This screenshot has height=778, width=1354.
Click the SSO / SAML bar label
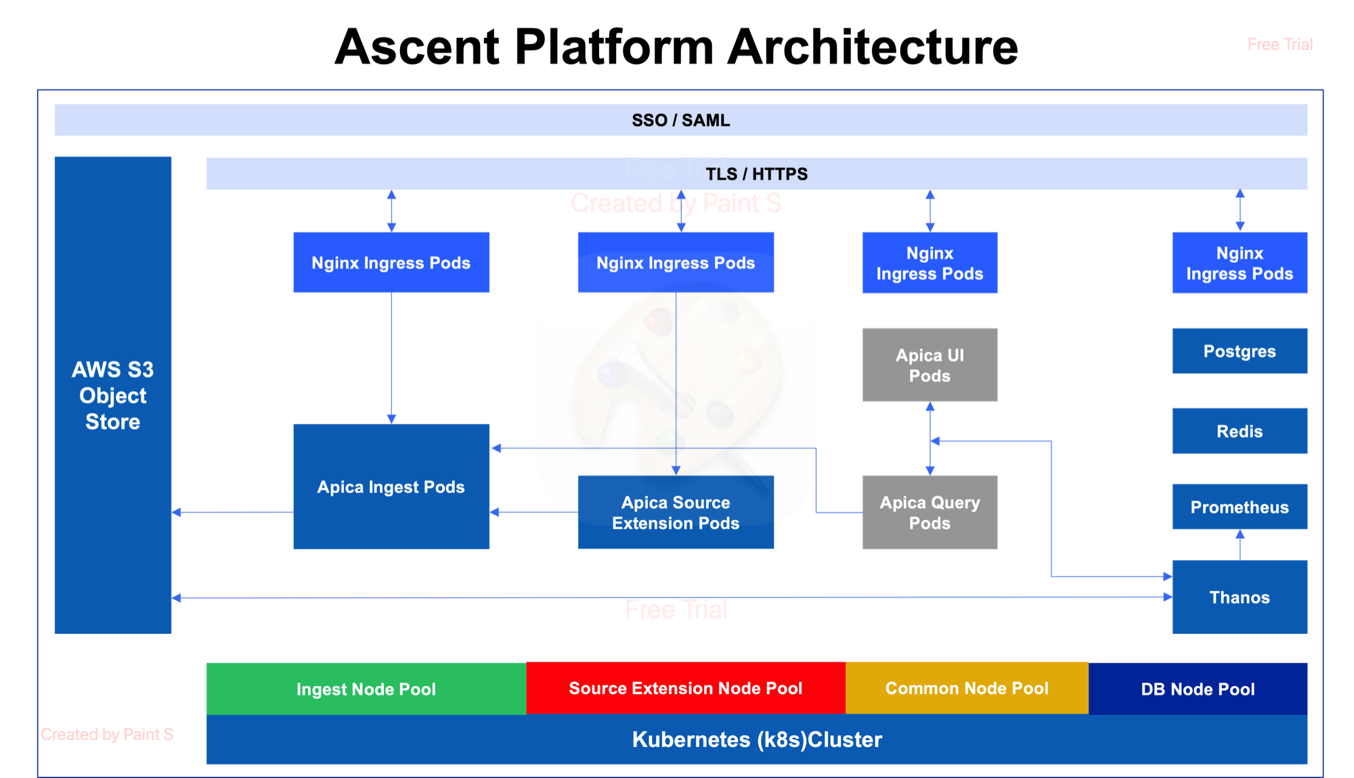coord(680,121)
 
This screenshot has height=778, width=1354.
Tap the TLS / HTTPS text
coord(756,174)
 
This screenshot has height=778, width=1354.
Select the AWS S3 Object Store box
coord(112,395)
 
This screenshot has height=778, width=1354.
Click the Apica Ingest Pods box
coord(391,487)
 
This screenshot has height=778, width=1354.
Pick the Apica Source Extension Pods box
coord(675,513)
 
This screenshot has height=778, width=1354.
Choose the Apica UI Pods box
coord(930,365)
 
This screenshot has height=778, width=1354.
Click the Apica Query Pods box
coord(930,513)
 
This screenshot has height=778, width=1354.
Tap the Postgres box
coord(1239,351)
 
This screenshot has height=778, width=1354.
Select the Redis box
coord(1239,431)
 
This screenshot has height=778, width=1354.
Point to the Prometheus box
coord(1239,507)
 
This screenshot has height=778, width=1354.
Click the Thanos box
coord(1239,597)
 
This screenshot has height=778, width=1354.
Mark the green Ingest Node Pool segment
coord(366,689)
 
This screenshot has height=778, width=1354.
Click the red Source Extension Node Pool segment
coord(685,689)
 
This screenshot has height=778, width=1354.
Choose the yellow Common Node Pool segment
coord(967,689)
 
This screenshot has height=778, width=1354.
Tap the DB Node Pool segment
coord(1198,689)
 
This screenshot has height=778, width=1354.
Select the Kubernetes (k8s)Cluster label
coord(756,739)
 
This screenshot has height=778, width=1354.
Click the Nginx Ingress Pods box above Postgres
coord(1239,263)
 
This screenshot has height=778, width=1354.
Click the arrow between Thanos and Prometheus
coord(1240,545)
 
